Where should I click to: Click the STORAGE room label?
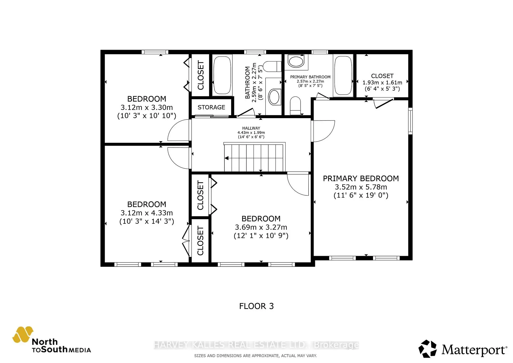pyautogui.click(x=211, y=107)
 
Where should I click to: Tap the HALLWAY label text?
pyautogui.click(x=251, y=128)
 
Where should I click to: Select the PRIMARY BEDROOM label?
pyautogui.click(x=361, y=179)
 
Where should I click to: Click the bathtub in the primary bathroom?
pyautogui.click(x=343, y=75)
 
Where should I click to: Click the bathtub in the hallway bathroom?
pyautogui.click(x=222, y=75)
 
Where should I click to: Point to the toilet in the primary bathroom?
pyautogui.click(x=295, y=105)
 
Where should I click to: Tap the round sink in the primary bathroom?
pyautogui.click(x=296, y=61)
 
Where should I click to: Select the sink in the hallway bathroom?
pyautogui.click(x=274, y=97)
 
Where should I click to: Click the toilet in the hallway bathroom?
pyautogui.click(x=272, y=66)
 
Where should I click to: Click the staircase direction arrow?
pyautogui.click(x=227, y=158)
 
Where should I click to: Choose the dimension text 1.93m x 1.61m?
pyautogui.click(x=382, y=83)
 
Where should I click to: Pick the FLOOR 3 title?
pyautogui.click(x=256, y=306)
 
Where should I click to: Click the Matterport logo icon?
pyautogui.click(x=428, y=349)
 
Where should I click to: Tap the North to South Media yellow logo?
pyautogui.click(x=23, y=334)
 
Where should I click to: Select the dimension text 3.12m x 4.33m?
pyautogui.click(x=146, y=213)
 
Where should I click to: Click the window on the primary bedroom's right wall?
pyautogui.click(x=410, y=121)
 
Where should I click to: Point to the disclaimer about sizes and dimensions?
pyautogui.click(x=255, y=356)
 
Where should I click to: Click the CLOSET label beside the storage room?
pyautogui.click(x=201, y=75)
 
